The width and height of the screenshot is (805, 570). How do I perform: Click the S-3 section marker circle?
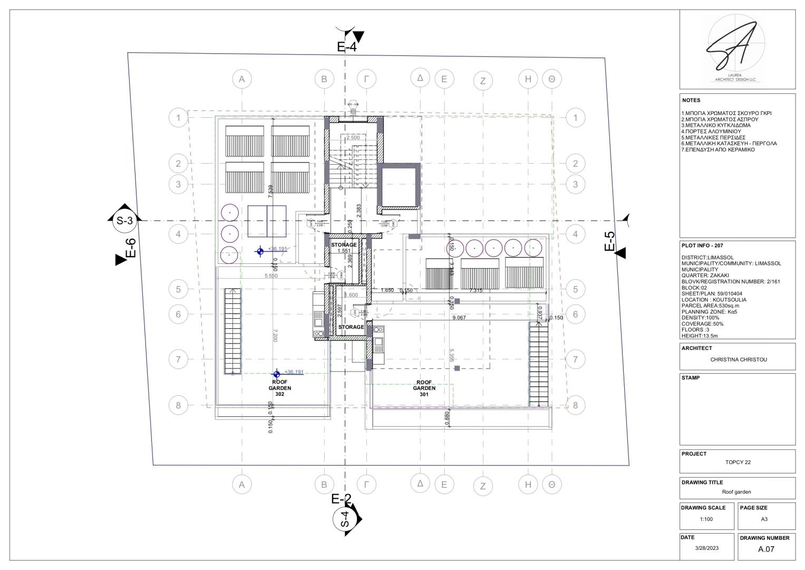tap(124, 221)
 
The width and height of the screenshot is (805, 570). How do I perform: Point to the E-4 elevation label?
tap(346, 47)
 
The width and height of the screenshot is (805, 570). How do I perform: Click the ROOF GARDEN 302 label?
tap(279, 388)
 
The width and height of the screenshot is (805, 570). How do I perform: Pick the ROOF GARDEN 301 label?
tap(424, 388)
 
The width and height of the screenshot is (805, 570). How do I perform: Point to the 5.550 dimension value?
tap(271, 275)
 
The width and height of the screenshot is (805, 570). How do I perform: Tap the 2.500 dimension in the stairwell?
tap(353, 137)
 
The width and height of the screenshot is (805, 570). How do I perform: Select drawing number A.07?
tap(765, 549)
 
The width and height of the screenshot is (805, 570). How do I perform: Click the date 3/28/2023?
tap(706, 548)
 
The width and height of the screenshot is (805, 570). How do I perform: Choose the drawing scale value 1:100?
tap(706, 519)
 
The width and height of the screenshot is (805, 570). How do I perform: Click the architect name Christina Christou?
tap(738, 359)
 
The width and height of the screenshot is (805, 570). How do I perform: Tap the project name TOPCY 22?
tap(738, 462)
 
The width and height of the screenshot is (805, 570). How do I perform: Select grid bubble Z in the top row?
tap(482, 81)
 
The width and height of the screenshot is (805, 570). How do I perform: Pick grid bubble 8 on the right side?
tap(575, 405)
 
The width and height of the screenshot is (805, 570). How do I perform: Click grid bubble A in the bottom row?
tap(241, 484)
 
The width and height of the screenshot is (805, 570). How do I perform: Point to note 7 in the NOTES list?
tap(718, 149)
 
